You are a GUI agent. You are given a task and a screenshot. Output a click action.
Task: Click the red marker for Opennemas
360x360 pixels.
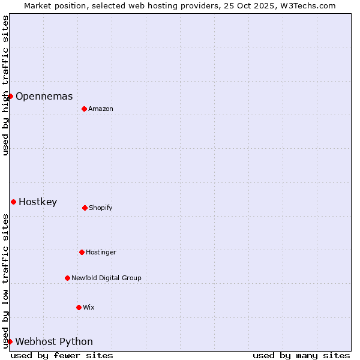(10, 96)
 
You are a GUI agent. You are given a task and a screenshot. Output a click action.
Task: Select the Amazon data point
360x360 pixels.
(84, 109)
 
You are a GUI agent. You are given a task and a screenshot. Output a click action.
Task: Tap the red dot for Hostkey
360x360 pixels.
(13, 202)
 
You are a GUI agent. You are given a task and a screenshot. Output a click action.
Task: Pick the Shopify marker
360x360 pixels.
(85, 208)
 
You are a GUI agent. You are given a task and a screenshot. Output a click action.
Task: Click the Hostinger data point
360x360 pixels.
(82, 252)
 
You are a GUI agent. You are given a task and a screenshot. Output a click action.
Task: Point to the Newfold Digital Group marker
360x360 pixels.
(67, 278)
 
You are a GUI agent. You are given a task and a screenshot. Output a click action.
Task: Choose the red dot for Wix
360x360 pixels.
(79, 307)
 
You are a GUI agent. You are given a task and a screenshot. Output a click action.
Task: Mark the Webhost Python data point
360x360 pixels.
(10, 341)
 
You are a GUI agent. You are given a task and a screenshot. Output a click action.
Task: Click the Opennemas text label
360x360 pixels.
(44, 96)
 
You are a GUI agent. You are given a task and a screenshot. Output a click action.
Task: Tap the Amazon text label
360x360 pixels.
(100, 109)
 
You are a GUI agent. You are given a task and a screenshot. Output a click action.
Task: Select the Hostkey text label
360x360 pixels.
(38, 202)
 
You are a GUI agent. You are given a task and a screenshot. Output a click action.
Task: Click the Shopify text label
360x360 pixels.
(100, 208)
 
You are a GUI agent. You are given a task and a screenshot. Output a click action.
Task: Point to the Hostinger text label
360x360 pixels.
(101, 252)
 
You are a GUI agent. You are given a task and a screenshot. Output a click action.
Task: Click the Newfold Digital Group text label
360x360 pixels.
(106, 278)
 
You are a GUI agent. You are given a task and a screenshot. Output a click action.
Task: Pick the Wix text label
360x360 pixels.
(88, 307)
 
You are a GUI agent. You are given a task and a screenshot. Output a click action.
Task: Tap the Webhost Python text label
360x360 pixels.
(54, 341)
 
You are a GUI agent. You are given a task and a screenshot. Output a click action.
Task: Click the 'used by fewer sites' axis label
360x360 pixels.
(62, 355)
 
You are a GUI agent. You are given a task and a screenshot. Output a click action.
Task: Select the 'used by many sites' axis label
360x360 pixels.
(301, 355)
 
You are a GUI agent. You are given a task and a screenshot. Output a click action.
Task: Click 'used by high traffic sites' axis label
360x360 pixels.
(5, 85)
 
